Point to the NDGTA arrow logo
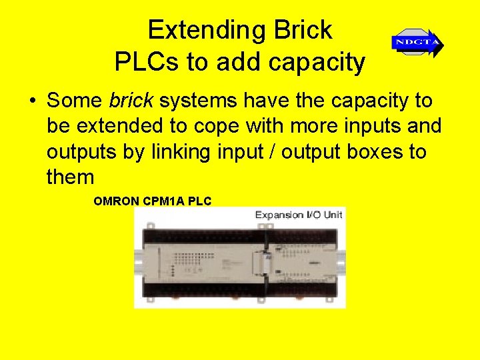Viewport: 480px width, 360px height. [417, 43]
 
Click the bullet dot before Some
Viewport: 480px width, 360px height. [32, 101]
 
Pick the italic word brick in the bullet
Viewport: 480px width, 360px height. [131, 101]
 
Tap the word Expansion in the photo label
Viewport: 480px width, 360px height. [280, 215]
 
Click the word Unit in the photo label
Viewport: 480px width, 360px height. [331, 215]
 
